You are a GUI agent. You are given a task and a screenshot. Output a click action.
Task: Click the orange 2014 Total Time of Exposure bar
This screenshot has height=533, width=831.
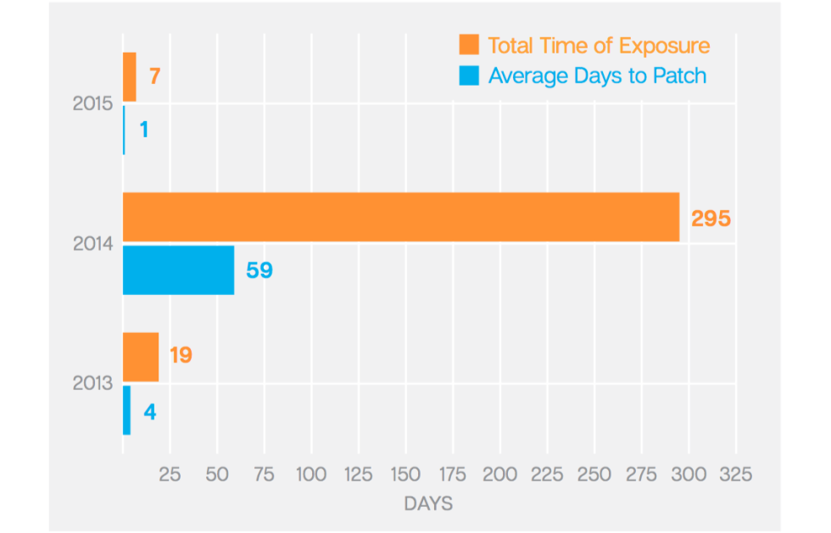401,217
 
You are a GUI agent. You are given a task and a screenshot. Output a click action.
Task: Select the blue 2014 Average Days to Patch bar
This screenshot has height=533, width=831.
178,270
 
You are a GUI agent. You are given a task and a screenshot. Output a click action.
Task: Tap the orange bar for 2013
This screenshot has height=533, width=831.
141,357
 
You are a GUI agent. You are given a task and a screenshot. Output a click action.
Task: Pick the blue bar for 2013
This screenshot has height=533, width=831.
127,411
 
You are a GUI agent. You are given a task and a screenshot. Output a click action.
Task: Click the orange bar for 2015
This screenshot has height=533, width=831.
130,77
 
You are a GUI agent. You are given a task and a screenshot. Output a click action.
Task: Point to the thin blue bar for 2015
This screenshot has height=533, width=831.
125,130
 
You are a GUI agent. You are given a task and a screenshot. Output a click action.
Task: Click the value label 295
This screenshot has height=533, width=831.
711,218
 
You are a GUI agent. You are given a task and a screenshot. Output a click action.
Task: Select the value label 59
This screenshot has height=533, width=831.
259,271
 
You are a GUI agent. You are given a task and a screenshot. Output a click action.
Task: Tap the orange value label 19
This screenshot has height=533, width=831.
181,354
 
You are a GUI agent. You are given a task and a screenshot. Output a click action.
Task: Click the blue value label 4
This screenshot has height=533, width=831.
149,413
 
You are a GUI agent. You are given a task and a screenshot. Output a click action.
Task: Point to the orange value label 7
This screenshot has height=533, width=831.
154,76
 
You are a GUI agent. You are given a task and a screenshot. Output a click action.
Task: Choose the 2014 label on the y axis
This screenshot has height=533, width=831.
92,244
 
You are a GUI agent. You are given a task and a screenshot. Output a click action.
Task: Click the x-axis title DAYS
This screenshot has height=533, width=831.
428,504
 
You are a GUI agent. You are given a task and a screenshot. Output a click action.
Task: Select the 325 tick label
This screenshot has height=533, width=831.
734,475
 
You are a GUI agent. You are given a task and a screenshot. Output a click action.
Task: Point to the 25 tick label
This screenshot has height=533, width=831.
170,475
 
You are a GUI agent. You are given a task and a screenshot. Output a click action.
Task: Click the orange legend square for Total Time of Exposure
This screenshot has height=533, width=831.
469,45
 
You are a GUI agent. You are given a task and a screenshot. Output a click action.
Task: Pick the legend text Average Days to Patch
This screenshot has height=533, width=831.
597,75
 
